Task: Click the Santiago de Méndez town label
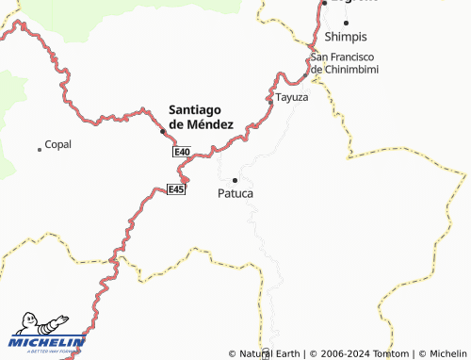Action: coord(201,116)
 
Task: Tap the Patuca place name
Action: coord(235,193)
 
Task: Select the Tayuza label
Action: coord(292,97)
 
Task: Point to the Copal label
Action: coord(58,145)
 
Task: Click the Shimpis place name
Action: coord(345,37)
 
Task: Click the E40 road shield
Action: coord(182,152)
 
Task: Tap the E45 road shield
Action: coord(176,189)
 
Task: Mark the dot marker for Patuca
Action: coord(235,179)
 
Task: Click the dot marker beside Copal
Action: coord(40,149)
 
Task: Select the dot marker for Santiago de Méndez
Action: coord(163,130)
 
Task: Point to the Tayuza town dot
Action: coord(269,97)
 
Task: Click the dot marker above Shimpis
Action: coord(346,23)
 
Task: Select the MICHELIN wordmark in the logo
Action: coord(47,342)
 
